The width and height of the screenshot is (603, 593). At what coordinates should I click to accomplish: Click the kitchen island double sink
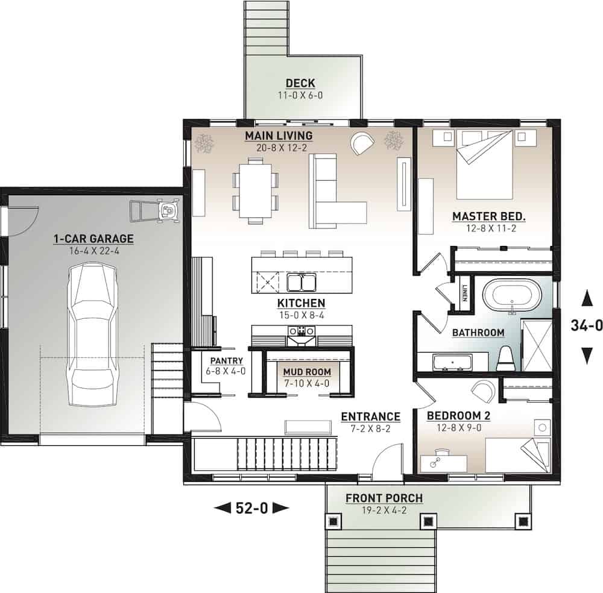coord(300,282)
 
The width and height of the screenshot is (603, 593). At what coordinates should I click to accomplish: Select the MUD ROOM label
coord(308,372)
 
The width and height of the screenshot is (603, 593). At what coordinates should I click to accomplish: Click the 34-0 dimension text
coord(586,326)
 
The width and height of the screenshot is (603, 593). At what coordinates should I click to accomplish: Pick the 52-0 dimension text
coord(251,508)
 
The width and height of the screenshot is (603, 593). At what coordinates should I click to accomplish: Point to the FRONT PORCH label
coord(384,498)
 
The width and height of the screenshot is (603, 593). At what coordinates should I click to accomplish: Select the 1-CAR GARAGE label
coord(93,239)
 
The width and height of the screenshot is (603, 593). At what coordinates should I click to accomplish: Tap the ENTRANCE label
coord(370,416)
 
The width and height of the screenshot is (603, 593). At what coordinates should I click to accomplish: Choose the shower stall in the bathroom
coord(536,345)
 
